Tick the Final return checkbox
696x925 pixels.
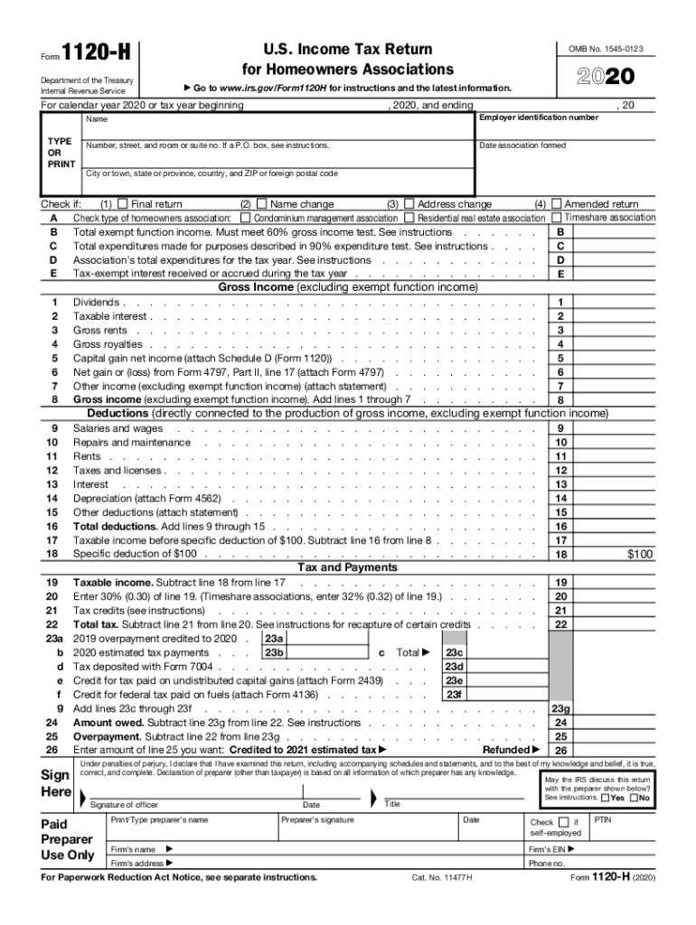click(123, 204)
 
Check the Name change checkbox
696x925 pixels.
click(262, 204)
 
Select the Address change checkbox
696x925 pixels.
click(409, 204)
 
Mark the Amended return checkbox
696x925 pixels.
click(557, 204)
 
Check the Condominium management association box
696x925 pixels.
click(246, 218)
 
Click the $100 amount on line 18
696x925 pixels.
click(640, 554)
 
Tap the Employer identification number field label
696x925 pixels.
click(538, 117)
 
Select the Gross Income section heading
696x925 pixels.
click(348, 287)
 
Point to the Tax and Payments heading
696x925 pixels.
click(347, 567)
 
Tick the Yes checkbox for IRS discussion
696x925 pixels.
click(605, 798)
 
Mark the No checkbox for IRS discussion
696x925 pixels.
click(634, 798)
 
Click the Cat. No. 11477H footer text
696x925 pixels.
click(442, 877)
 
